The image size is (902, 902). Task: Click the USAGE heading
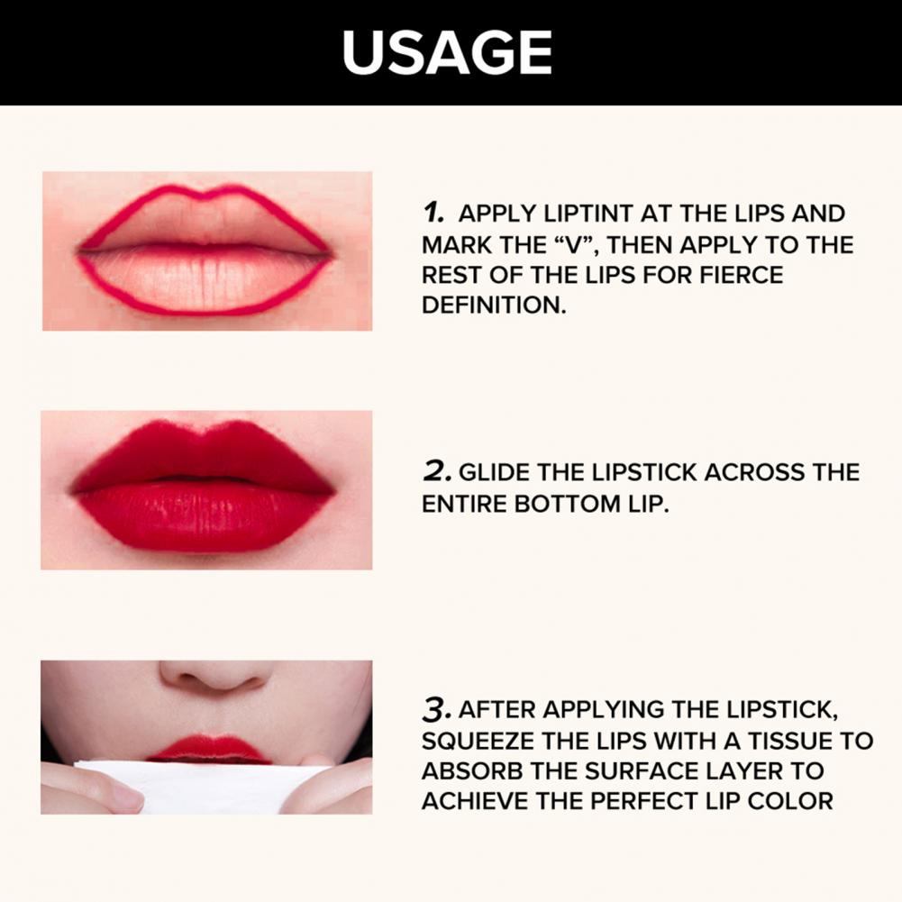(x=448, y=52)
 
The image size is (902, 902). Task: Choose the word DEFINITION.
(x=494, y=305)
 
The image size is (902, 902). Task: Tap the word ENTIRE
(x=464, y=504)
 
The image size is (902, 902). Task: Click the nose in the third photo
(x=214, y=674)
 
